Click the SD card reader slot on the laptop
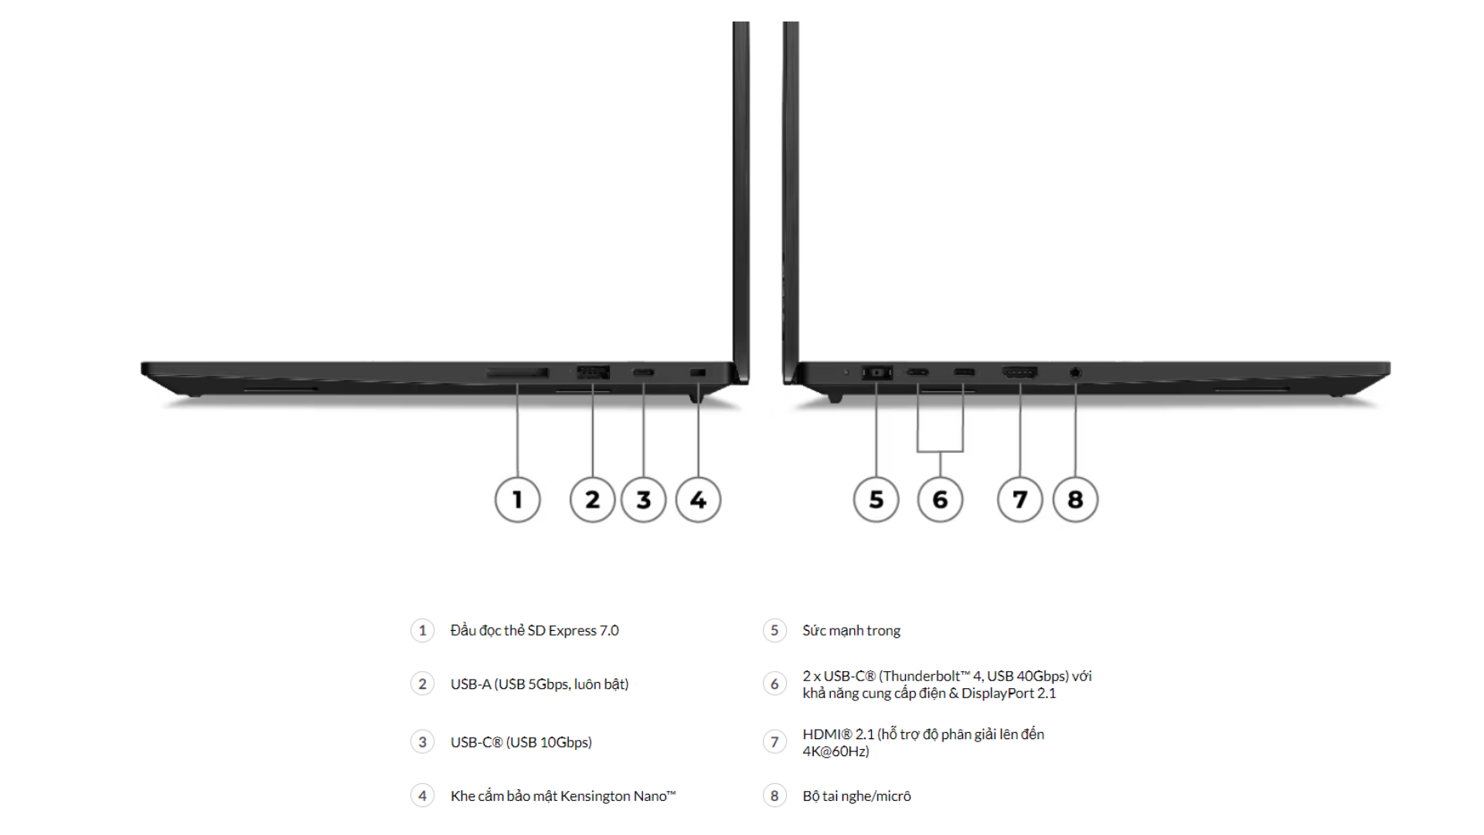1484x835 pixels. click(x=517, y=373)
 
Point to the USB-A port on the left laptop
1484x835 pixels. click(x=593, y=373)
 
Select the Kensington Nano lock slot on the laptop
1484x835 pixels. click(x=697, y=373)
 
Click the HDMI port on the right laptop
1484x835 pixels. click(x=1019, y=373)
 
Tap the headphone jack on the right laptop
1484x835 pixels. click(x=1075, y=373)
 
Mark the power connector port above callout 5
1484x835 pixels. click(x=876, y=373)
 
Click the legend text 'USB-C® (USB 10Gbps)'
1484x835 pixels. click(x=521, y=742)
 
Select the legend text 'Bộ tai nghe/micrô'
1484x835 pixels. click(x=856, y=796)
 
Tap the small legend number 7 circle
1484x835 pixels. click(x=774, y=742)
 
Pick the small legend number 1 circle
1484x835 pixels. click(x=422, y=630)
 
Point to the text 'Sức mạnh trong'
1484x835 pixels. click(x=851, y=630)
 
